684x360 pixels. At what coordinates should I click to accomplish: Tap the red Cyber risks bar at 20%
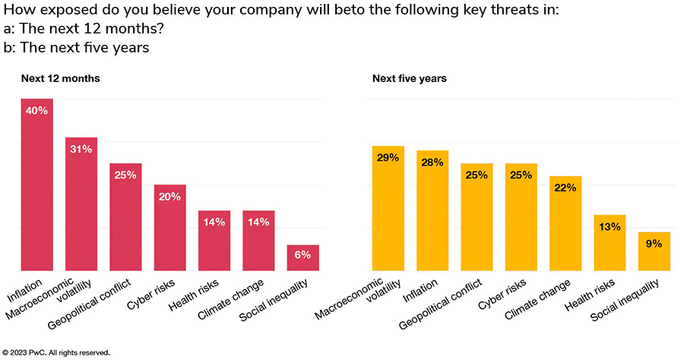point(169,227)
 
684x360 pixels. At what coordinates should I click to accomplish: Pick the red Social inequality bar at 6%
point(302,257)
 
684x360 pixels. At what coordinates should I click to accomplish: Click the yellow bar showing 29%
point(388,208)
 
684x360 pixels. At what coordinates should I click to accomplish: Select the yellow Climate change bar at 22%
point(565,223)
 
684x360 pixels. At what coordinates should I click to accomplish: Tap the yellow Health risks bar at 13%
point(610,242)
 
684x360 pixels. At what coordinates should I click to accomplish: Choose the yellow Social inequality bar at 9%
point(654,251)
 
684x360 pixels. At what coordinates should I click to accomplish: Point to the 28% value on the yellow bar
point(432,162)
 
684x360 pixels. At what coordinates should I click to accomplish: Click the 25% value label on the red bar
point(125,175)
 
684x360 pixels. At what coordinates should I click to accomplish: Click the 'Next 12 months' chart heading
point(60,78)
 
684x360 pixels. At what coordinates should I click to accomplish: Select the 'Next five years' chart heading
point(409,78)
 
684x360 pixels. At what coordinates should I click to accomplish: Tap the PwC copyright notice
point(57,352)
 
